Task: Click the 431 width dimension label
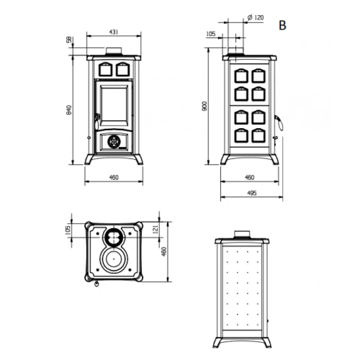(113, 32)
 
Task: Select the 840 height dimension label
(69, 110)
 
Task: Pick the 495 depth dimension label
(252, 193)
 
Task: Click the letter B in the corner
(283, 25)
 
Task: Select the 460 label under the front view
(113, 177)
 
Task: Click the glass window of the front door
(113, 104)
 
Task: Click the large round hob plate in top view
(114, 259)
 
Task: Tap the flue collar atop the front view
(114, 51)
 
